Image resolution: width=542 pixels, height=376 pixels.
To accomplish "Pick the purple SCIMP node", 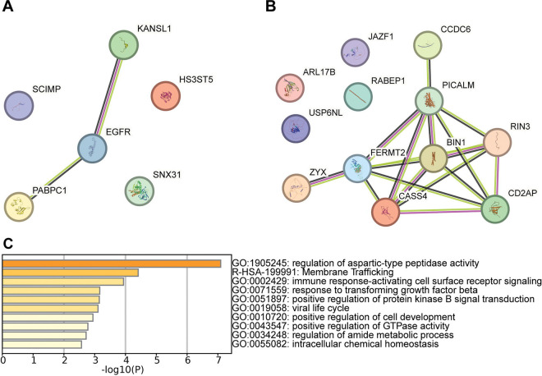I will [23, 106].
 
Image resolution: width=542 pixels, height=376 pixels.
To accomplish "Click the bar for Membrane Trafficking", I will [71, 273].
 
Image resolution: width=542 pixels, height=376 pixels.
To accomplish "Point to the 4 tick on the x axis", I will [126, 359].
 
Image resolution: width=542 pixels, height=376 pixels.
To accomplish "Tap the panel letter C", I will [7, 244].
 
